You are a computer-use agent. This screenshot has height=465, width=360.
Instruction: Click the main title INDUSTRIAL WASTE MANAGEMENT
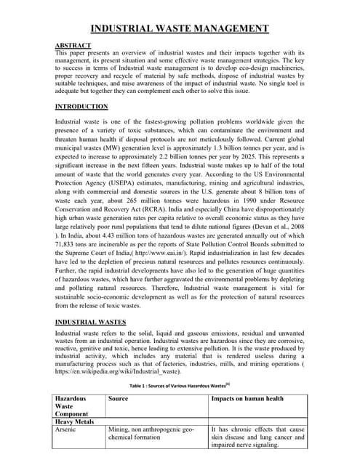tap(179, 29)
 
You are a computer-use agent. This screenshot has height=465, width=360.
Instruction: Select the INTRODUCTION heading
tap(81, 107)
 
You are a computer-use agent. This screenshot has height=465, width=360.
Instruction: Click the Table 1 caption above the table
tap(179, 385)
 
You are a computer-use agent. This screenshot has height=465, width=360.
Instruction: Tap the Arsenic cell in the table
tap(70, 430)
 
